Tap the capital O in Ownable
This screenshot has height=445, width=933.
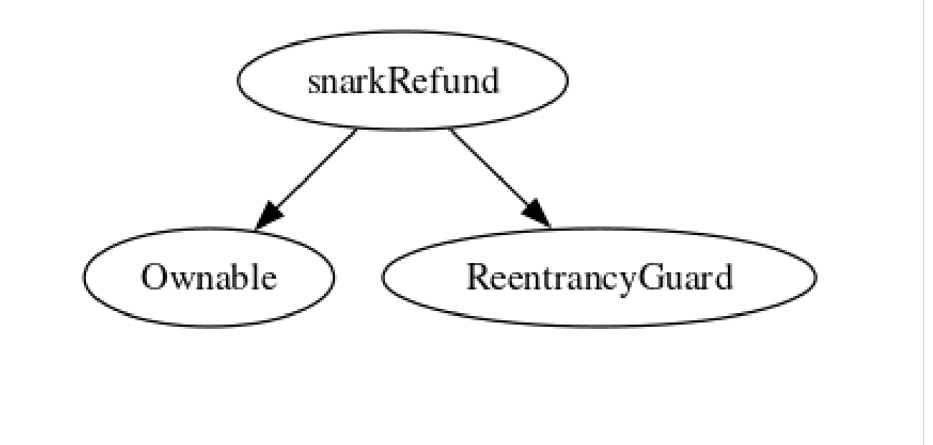point(153,277)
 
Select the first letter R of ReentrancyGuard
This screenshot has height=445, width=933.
point(478,277)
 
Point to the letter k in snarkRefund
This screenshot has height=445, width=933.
point(380,81)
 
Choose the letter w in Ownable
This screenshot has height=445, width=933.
point(179,279)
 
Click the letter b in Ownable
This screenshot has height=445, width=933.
point(241,277)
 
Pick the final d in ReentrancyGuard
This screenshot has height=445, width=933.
point(724,277)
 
